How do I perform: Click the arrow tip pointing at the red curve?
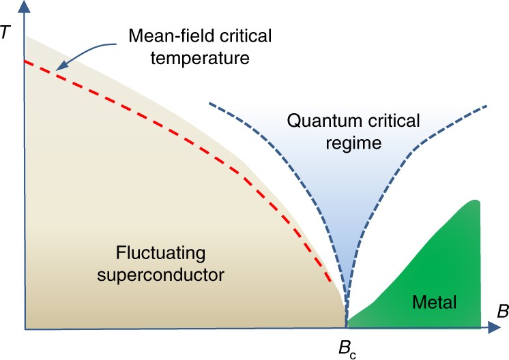[x=57, y=70]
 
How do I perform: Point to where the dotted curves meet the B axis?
[x=346, y=327]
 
